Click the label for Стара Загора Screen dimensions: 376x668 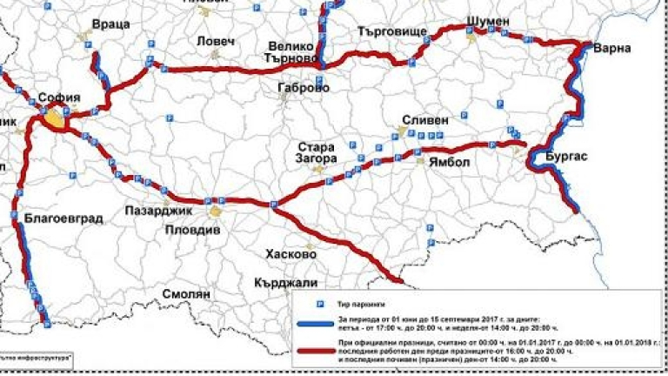[316, 154]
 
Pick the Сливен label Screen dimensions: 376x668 [425, 119]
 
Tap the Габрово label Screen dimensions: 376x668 [303, 88]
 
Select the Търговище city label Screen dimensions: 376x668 [392, 31]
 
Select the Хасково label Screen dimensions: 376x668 [291, 254]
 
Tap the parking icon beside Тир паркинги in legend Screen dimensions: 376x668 [318, 305]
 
